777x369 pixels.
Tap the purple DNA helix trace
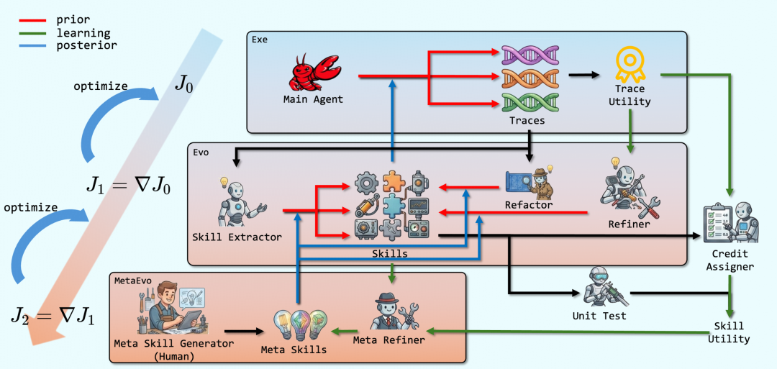click(x=530, y=55)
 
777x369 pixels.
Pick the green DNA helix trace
click(x=530, y=103)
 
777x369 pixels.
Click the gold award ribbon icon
click(x=630, y=64)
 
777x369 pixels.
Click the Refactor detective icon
click(x=530, y=181)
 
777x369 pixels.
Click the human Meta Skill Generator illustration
click(x=171, y=308)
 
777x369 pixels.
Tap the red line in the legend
click(x=32, y=21)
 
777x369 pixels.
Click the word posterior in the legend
click(x=86, y=45)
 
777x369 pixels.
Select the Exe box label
click(x=260, y=40)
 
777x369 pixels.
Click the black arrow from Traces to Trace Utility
click(x=584, y=76)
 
